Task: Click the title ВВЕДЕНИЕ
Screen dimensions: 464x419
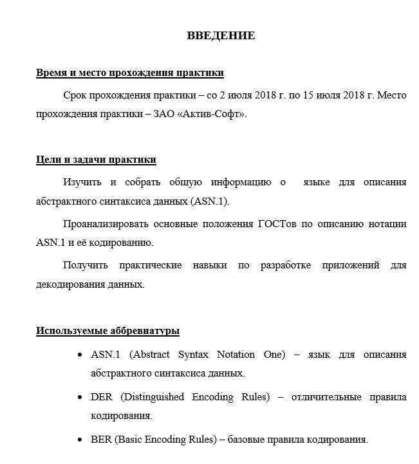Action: coord(221,35)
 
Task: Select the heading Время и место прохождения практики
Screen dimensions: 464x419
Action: coord(130,73)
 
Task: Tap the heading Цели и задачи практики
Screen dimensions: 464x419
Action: coord(96,160)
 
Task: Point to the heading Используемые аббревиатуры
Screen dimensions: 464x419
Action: coord(107,331)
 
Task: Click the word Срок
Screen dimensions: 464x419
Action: coord(77,95)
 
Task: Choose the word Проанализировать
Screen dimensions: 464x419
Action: coord(106,224)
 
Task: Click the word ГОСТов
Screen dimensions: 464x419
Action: coord(278,224)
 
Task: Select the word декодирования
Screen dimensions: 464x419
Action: coord(68,284)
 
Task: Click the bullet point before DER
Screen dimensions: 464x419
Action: coord(79,397)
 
